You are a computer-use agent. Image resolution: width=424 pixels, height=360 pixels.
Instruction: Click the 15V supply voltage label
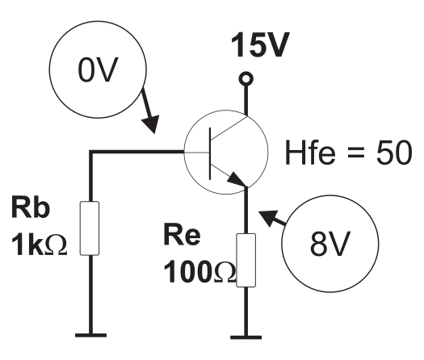pyautogui.click(x=260, y=45)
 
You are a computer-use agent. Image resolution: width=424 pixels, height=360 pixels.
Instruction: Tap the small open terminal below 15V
pyautogui.click(x=246, y=79)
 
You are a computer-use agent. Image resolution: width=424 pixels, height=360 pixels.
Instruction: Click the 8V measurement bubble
pyautogui.click(x=330, y=244)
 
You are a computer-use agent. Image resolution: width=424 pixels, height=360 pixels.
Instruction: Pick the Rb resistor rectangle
pyautogui.click(x=90, y=228)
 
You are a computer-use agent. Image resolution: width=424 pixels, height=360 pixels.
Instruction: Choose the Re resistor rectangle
pyautogui.click(x=246, y=260)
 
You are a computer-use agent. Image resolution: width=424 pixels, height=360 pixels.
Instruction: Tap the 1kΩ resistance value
pyautogui.click(x=39, y=245)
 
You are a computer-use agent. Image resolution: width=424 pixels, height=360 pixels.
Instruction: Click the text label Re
pyautogui.click(x=182, y=234)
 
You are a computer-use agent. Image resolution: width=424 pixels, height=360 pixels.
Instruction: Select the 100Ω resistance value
pyautogui.click(x=199, y=272)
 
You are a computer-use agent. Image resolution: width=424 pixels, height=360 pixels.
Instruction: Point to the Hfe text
pyautogui.click(x=310, y=153)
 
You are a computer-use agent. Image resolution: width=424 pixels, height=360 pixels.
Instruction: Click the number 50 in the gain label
pyautogui.click(x=394, y=153)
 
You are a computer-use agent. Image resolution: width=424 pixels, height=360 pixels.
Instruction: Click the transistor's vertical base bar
pyautogui.click(x=210, y=153)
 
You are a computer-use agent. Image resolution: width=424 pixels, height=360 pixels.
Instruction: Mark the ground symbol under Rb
pyautogui.click(x=90, y=335)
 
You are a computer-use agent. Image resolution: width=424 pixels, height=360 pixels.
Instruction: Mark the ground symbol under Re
pyautogui.click(x=246, y=337)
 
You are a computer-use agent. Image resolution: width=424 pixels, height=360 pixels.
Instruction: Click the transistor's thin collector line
pyautogui.click(x=229, y=128)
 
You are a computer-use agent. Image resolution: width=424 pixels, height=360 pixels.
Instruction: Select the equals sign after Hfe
pyautogui.click(x=355, y=153)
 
